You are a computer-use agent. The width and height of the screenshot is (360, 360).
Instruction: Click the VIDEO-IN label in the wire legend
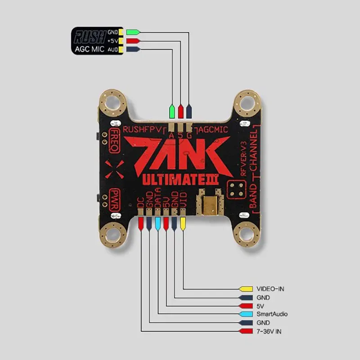(270, 288)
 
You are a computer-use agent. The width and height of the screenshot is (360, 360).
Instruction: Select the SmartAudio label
(272, 314)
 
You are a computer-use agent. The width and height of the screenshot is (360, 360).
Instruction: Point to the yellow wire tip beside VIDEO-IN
(246, 288)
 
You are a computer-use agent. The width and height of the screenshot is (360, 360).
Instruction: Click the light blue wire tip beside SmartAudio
(246, 314)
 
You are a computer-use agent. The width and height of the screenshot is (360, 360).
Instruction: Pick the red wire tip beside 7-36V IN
(246, 332)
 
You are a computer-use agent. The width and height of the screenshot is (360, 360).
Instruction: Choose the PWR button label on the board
(112, 198)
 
